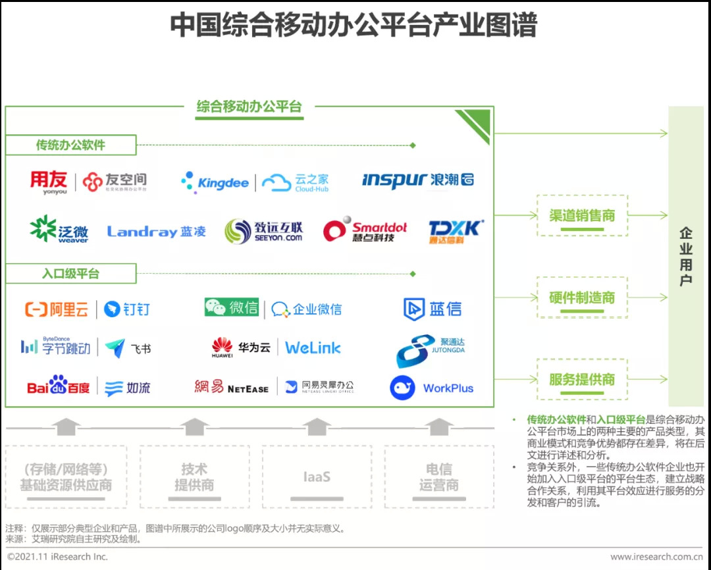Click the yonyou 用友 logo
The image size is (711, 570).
pyautogui.click(x=49, y=182)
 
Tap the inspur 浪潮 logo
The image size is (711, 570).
pyautogui.click(x=417, y=180)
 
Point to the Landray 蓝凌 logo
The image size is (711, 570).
pyautogui.click(x=157, y=232)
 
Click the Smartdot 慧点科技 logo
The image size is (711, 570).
pyautogui.click(x=365, y=231)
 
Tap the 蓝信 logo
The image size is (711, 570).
pyautogui.click(x=433, y=309)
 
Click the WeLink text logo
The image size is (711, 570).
pyautogui.click(x=313, y=348)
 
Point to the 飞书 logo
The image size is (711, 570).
pyautogui.click(x=128, y=348)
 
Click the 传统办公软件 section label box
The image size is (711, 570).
pyautogui.click(x=71, y=145)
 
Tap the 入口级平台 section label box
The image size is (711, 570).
pyautogui.click(x=71, y=273)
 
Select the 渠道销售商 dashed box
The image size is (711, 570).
pyautogui.click(x=582, y=215)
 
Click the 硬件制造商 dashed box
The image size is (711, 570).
pyautogui.click(x=582, y=298)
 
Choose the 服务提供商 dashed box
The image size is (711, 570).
pyautogui.click(x=582, y=379)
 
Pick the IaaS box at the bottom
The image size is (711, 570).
pyautogui.click(x=317, y=477)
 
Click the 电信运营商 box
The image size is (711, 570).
pyautogui.click(x=439, y=477)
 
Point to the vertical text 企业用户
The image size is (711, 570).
pyautogui.click(x=686, y=257)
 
